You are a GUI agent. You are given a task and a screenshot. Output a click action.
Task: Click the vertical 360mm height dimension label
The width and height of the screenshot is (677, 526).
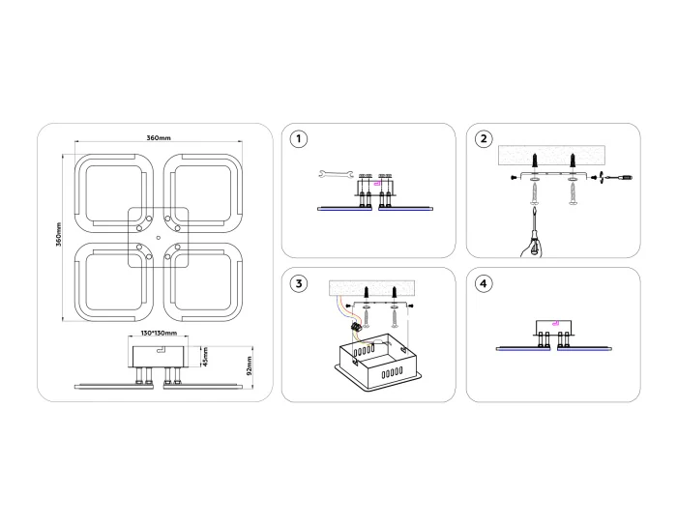tap(59, 237)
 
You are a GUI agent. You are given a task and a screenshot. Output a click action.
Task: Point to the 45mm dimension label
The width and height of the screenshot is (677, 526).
tap(204, 358)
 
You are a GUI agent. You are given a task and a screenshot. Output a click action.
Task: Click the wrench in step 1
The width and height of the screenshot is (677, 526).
tap(333, 175)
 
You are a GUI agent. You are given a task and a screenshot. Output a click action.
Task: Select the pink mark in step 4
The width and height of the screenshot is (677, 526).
tap(554, 325)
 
